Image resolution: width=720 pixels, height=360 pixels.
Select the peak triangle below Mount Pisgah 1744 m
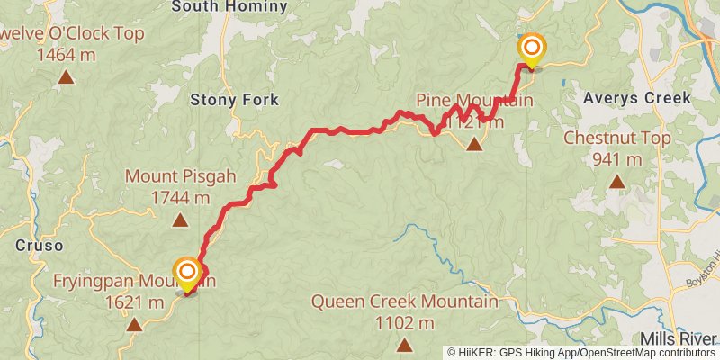tap(180, 220)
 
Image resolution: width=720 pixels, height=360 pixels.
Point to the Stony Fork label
tap(234, 100)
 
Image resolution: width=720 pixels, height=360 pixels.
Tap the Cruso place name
tap(40, 245)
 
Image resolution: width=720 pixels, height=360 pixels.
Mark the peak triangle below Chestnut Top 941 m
tap(617, 182)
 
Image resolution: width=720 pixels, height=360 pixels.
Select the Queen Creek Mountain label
tap(405, 301)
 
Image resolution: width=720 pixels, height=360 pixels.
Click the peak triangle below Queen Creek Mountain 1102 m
tap(405, 345)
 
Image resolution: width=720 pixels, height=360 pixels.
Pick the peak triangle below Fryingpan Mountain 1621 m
tap(134, 325)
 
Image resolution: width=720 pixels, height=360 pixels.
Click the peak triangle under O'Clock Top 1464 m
tap(66, 77)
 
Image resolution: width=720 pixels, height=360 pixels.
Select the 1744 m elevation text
tap(180, 197)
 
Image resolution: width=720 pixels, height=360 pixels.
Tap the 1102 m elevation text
tap(405, 322)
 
